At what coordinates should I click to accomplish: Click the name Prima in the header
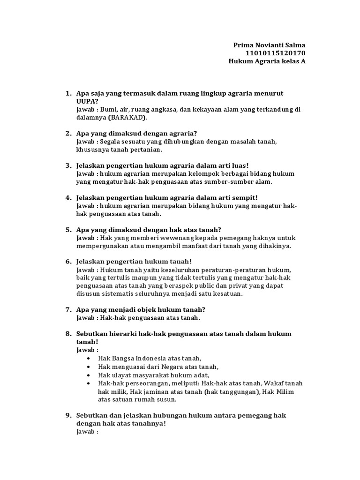click(x=243, y=45)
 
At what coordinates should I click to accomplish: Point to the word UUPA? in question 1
click(x=85, y=101)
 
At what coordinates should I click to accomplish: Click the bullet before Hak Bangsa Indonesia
click(x=89, y=358)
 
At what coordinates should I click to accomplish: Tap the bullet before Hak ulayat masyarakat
click(x=89, y=375)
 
